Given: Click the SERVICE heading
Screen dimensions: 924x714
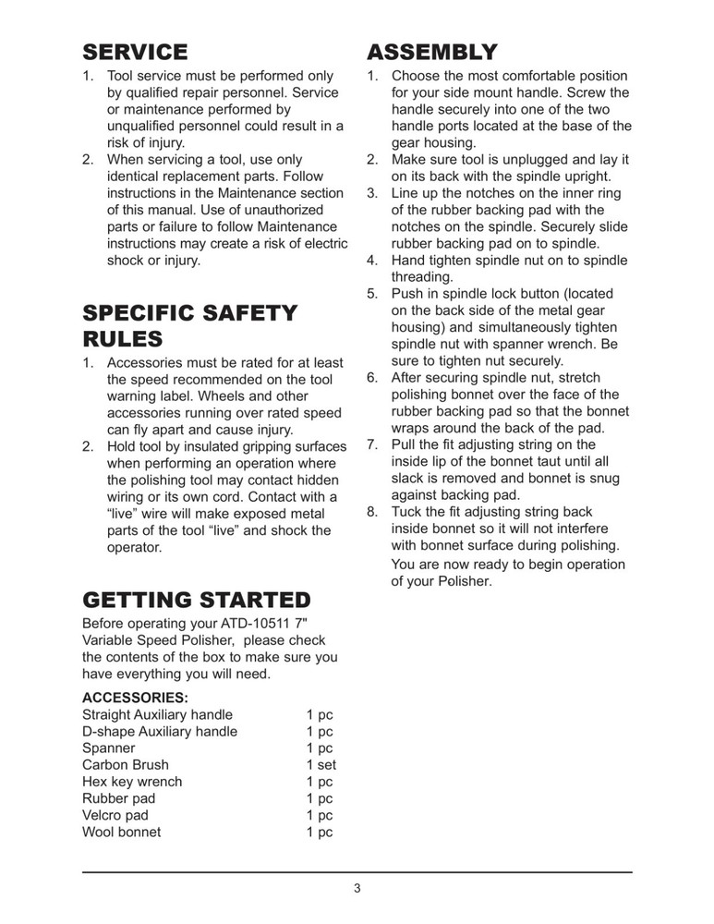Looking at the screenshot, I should pos(135,52).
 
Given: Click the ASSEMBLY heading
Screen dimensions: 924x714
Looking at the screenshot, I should pos(432,52).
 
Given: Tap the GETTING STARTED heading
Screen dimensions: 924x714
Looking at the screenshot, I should pos(197,601).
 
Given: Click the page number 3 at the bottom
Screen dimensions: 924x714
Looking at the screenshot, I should pos(357,889).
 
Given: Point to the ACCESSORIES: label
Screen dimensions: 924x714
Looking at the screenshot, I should pos(135,697).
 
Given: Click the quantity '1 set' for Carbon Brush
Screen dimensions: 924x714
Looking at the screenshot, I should pos(321,765).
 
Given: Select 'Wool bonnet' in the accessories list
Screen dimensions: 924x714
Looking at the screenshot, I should pos(121,832).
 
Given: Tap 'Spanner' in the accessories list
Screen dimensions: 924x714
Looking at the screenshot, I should pos(108,748).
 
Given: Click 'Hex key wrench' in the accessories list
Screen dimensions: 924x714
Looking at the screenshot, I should pos(132,782).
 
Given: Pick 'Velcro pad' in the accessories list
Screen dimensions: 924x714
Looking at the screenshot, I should pos(115,815).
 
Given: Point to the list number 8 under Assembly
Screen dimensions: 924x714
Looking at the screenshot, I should pos(372,512).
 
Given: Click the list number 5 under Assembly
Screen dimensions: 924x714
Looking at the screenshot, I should pos(372,294).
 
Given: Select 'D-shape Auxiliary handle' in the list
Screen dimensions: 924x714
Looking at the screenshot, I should pos(160,732).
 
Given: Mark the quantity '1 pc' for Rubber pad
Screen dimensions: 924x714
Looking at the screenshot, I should pos(320,798).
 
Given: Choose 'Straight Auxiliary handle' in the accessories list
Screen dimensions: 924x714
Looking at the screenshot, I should pos(157,715).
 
